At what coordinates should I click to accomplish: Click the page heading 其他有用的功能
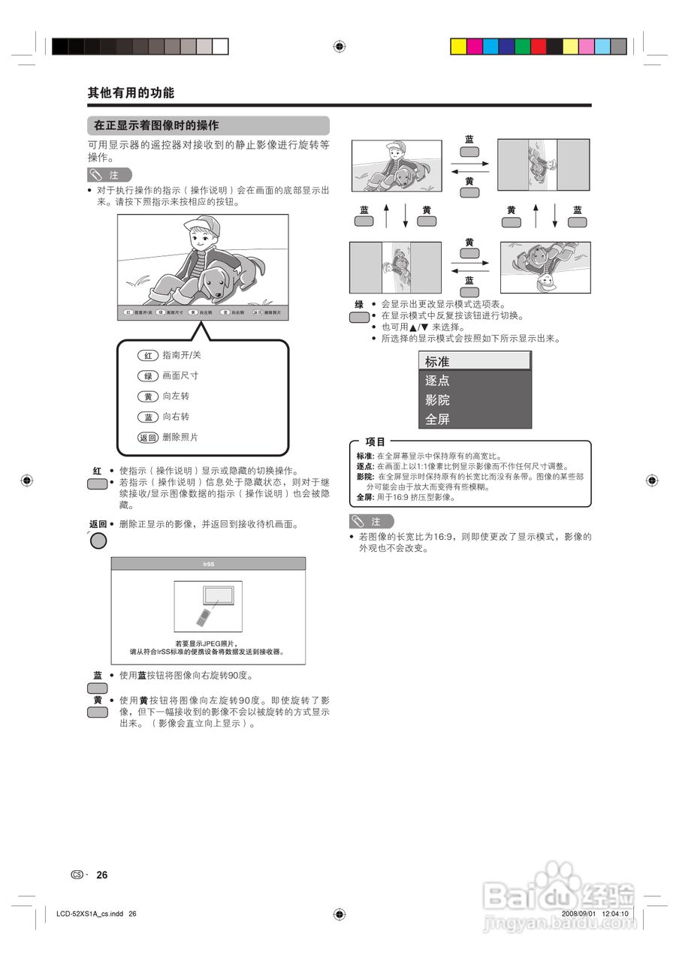point(131,93)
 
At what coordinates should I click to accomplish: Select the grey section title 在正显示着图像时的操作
point(156,125)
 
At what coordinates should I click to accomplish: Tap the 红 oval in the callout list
point(148,355)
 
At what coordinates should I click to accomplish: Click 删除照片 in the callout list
point(180,437)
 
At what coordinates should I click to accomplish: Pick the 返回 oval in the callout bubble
point(148,437)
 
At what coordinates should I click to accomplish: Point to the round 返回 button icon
point(98,540)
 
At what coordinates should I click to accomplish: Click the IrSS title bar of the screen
point(208,563)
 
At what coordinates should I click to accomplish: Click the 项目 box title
point(375,442)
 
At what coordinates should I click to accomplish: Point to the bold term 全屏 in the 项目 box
point(364,497)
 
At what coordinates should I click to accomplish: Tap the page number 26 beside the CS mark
point(102,875)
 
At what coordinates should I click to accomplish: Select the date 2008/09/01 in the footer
point(578,914)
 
